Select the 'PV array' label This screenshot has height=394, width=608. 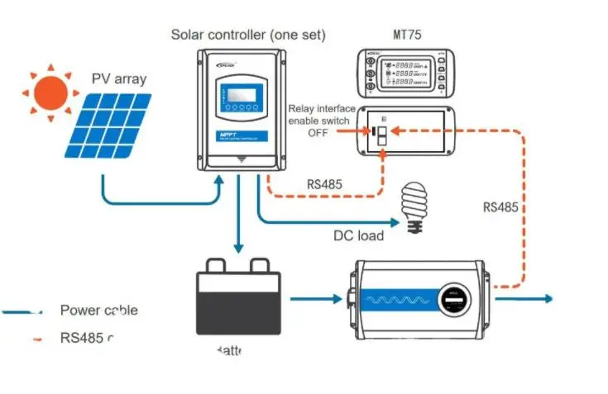pyautogui.click(x=118, y=80)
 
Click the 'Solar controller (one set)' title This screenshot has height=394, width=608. pyautogui.click(x=248, y=35)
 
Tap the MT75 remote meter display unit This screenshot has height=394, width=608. pyautogui.click(x=408, y=74)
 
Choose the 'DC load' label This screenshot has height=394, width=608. pyautogui.click(x=358, y=235)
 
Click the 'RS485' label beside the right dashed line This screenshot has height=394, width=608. pyautogui.click(x=501, y=207)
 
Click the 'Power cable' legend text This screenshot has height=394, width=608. pyautogui.click(x=98, y=311)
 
